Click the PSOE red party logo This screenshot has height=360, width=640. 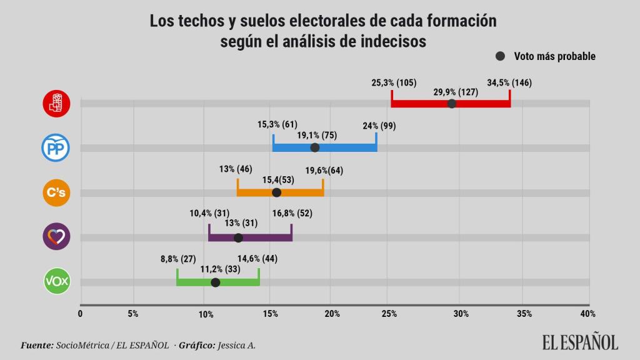pyautogui.click(x=56, y=103)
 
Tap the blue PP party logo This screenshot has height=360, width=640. pyautogui.click(x=56, y=148)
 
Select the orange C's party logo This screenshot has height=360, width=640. pyautogui.click(x=56, y=192)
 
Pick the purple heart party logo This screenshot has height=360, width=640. pyautogui.click(x=56, y=237)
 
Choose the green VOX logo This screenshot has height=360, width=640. pyautogui.click(x=56, y=282)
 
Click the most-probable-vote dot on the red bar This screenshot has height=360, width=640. pyautogui.click(x=452, y=103)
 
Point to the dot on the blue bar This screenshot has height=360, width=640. pyautogui.click(x=315, y=147)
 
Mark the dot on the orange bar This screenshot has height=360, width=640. pyautogui.click(x=277, y=192)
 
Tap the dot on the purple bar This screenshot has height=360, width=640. pyautogui.click(x=238, y=237)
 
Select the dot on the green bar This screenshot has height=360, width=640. pyautogui.click(x=216, y=282)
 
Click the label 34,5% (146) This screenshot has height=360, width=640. pyautogui.click(x=509, y=82)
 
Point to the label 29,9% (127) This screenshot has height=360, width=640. pyautogui.click(x=456, y=92)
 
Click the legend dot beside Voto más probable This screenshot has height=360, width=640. pyautogui.click(x=500, y=56)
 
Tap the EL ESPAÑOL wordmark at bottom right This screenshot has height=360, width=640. pyautogui.click(x=580, y=342)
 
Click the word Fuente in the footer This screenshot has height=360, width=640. pyautogui.click(x=36, y=344)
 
